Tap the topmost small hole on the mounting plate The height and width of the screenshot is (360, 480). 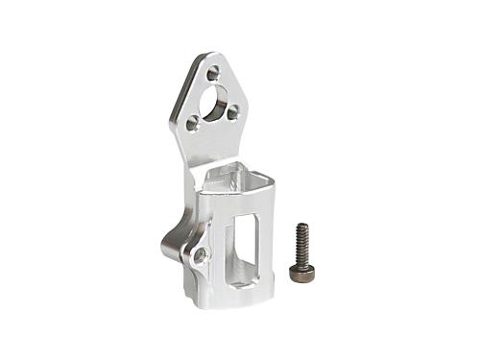click(212, 72)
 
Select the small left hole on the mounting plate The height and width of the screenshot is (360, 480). click(193, 122)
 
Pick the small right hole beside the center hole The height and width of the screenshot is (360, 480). click(232, 112)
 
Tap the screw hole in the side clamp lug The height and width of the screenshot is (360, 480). click(200, 255)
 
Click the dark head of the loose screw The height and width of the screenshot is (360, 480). click(301, 274)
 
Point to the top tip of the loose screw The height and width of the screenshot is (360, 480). click(300, 227)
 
